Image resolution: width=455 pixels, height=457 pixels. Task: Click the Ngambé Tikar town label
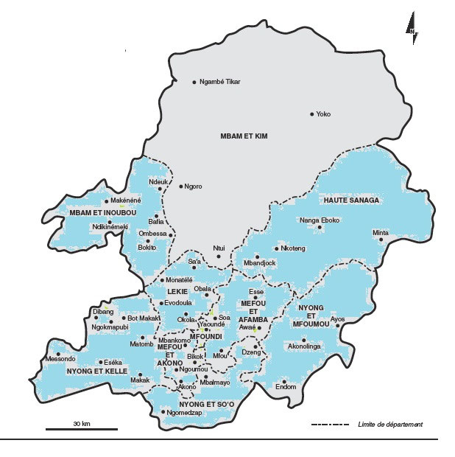pyautogui.click(x=221, y=81)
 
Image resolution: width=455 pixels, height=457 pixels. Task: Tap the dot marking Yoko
pyautogui.click(x=312, y=114)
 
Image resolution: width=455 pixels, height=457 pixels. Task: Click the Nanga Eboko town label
pyautogui.click(x=319, y=220)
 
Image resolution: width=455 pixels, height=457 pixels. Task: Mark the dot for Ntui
pyautogui.click(x=218, y=256)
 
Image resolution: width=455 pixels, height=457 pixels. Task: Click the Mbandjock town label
pyautogui.click(x=259, y=262)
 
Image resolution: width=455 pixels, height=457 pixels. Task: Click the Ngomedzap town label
pyautogui.click(x=183, y=413)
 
